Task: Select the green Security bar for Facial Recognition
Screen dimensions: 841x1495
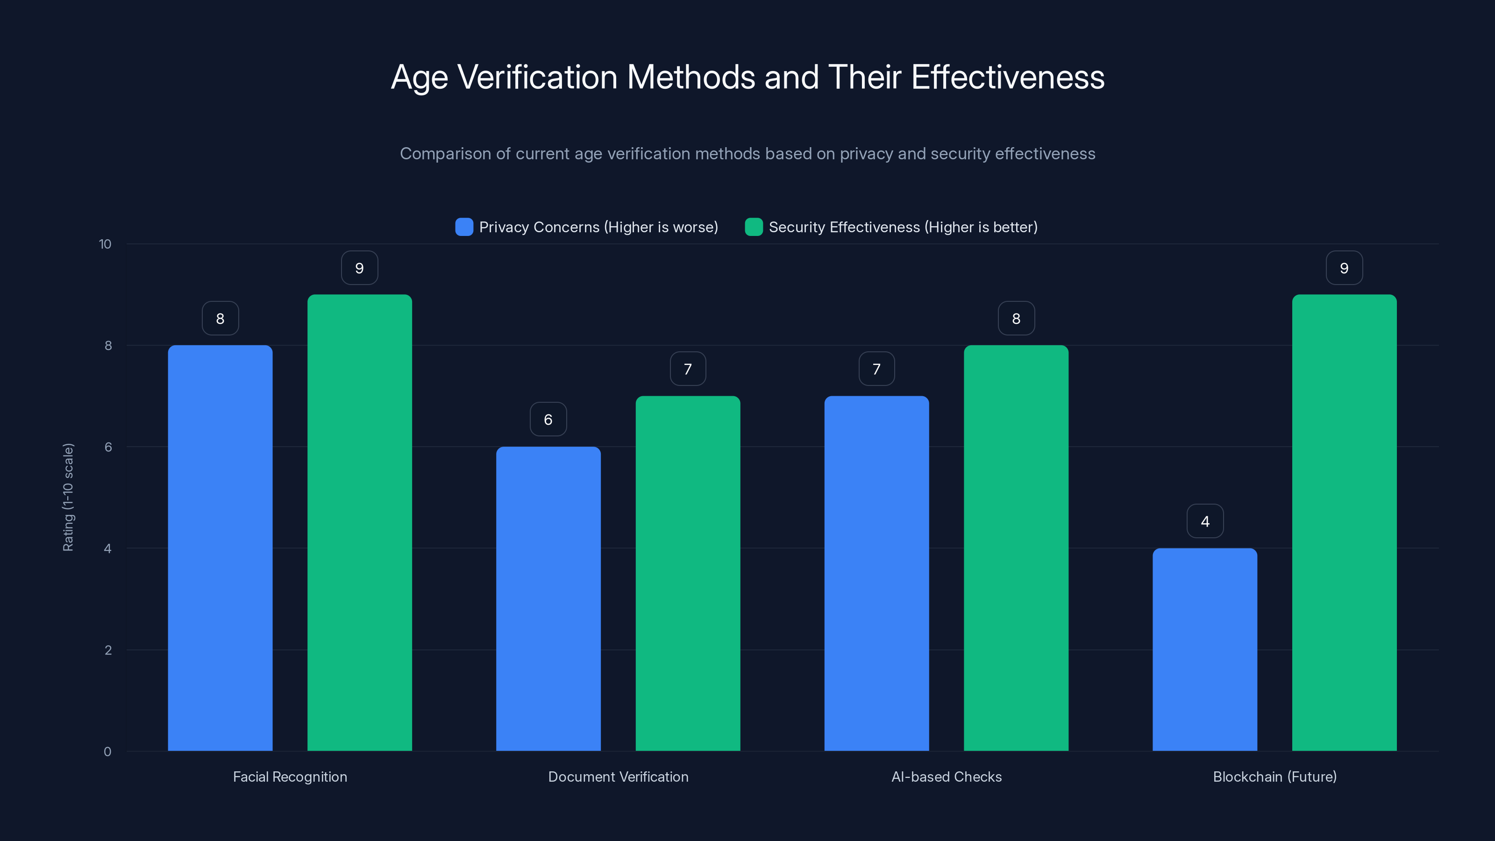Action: (x=359, y=522)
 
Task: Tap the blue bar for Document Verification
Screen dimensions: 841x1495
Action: (x=548, y=599)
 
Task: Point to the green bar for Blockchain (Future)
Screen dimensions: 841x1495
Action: (x=1344, y=522)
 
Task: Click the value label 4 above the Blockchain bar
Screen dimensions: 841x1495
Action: (x=1205, y=521)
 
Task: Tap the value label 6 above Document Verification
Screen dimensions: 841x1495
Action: (x=548, y=420)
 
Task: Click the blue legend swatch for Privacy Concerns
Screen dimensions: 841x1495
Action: (x=464, y=227)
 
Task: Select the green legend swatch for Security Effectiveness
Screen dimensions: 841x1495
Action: (x=753, y=227)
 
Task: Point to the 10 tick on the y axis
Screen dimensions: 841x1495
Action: (x=105, y=244)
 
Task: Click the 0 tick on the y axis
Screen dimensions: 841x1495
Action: (x=107, y=752)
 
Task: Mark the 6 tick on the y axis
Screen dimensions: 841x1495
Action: (x=108, y=447)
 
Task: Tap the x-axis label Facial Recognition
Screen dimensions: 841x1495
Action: (x=290, y=777)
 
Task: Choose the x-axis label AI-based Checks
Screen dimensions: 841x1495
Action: (x=946, y=777)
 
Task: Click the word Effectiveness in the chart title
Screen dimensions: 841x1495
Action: (x=1008, y=77)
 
